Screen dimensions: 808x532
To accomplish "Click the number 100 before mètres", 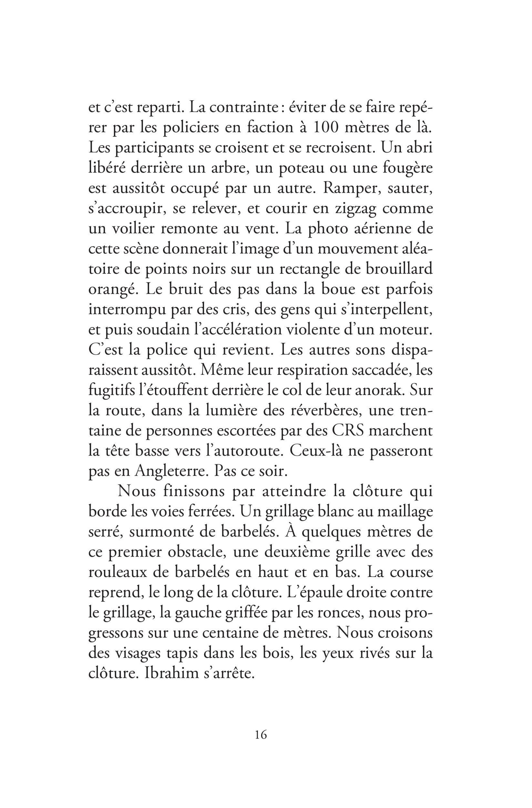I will pos(327,128).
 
